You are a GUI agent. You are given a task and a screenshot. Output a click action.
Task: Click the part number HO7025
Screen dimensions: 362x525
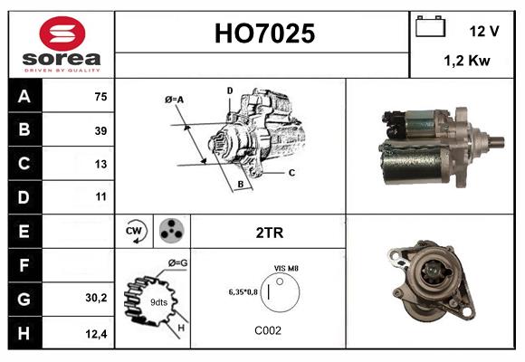(x=263, y=34)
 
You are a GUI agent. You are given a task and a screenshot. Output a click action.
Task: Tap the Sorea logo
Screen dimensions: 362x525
(x=61, y=44)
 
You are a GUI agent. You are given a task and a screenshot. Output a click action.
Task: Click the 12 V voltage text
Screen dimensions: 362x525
(x=484, y=31)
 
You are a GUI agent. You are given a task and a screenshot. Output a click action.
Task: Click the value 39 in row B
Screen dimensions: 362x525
(x=100, y=131)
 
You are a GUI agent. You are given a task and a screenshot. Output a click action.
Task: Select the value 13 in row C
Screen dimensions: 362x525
(x=100, y=165)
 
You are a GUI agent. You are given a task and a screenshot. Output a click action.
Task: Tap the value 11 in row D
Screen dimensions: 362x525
(x=100, y=196)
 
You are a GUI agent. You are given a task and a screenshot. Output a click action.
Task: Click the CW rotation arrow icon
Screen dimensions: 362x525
(x=135, y=232)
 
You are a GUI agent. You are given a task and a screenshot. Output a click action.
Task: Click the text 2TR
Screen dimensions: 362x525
(x=270, y=233)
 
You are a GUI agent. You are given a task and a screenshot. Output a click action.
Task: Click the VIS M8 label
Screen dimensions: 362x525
(x=287, y=269)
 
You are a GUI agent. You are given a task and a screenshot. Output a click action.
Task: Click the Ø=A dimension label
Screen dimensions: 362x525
(x=175, y=99)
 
